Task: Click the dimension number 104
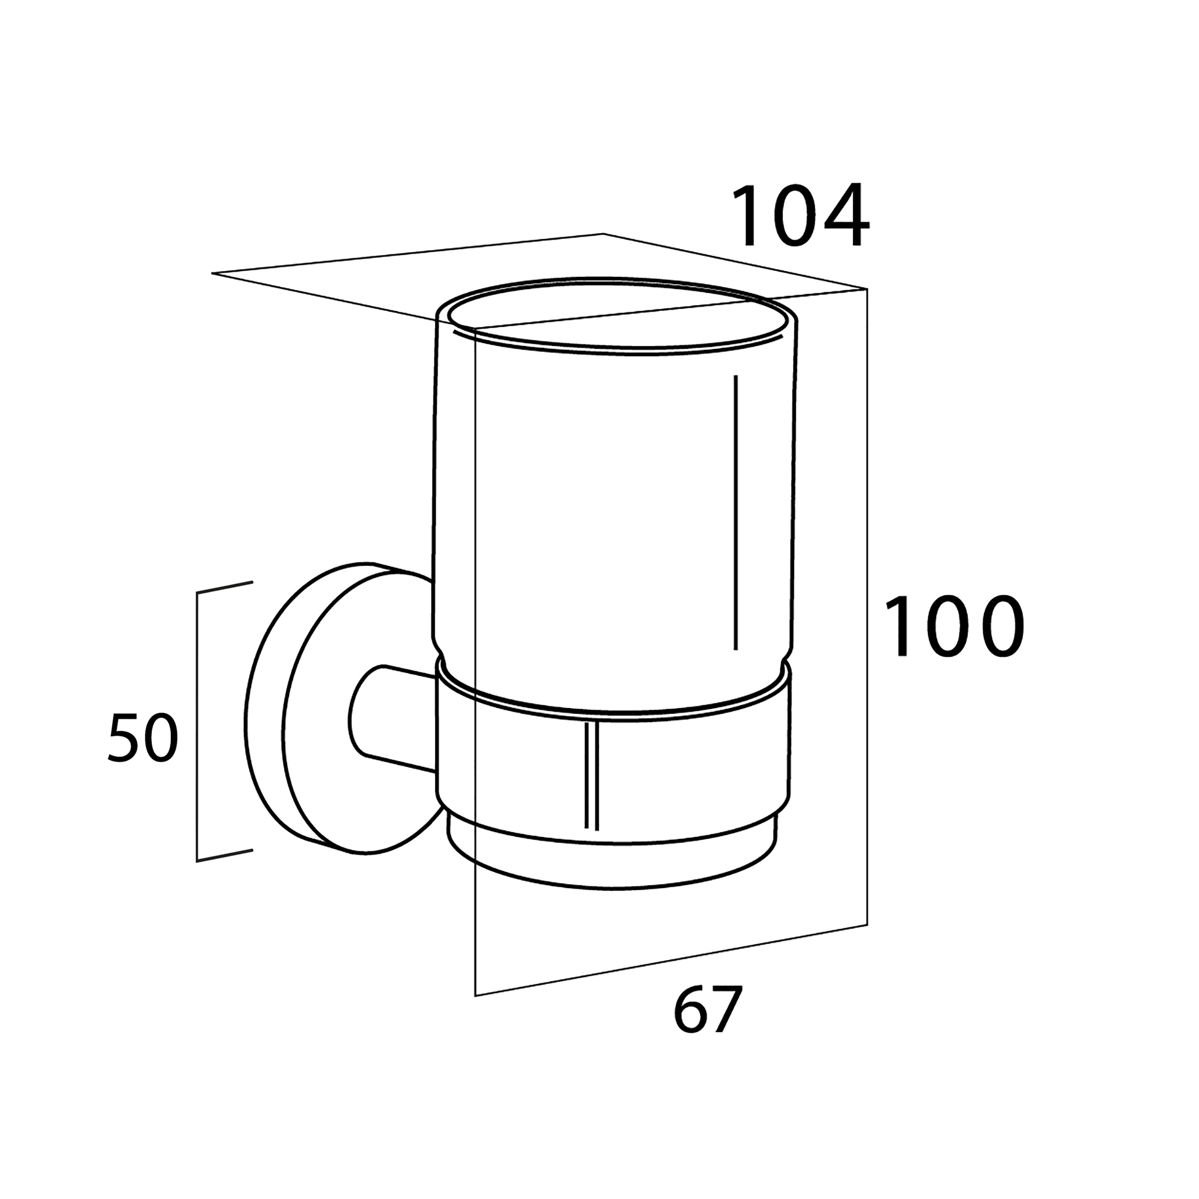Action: pyautogui.click(x=800, y=216)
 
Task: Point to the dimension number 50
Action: pyautogui.click(x=143, y=738)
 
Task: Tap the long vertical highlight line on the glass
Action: pyautogui.click(x=735, y=513)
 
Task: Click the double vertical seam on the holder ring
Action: pyautogui.click(x=592, y=776)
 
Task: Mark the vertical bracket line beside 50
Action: pyautogui.click(x=197, y=726)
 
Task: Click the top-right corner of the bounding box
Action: pyautogui.click(x=866, y=289)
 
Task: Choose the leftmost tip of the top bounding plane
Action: pyautogui.click(x=213, y=273)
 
